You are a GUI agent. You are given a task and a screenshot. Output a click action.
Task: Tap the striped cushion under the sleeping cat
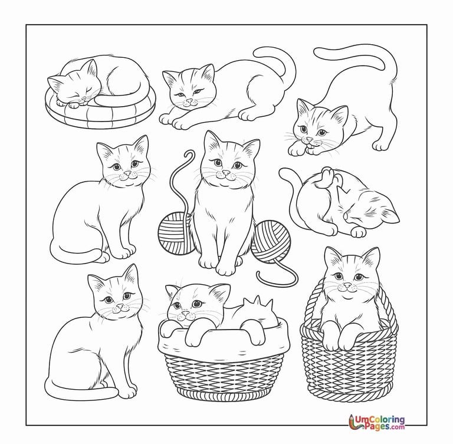[100, 113]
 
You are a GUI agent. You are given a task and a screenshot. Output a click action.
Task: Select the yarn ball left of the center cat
[175, 233]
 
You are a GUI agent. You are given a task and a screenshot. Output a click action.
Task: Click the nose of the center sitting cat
[226, 172]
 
